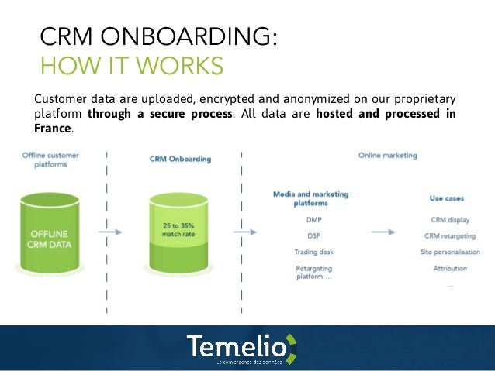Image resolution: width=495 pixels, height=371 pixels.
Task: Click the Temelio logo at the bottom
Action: [241, 349]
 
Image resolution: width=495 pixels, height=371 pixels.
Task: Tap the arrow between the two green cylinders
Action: [112, 231]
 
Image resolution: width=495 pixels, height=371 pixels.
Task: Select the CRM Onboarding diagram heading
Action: [179, 159]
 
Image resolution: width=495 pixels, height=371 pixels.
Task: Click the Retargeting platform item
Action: [313, 272]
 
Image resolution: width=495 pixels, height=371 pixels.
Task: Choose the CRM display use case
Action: [450, 219]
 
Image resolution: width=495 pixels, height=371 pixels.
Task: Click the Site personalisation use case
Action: [450, 252]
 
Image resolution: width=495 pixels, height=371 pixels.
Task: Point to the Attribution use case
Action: [450, 268]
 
